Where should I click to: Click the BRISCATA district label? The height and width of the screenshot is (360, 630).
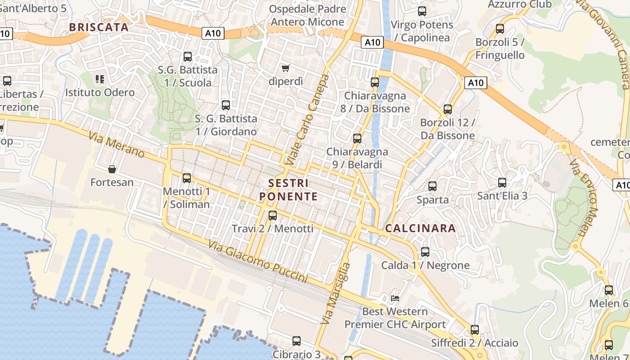click(99, 27)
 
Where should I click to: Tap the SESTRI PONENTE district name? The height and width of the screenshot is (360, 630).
click(288, 190)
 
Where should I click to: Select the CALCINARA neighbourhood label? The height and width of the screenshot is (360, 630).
click(420, 228)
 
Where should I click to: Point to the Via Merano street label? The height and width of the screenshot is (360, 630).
click(117, 144)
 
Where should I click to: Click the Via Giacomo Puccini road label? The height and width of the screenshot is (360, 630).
click(258, 261)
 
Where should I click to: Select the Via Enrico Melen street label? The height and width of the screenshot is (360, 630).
click(585, 198)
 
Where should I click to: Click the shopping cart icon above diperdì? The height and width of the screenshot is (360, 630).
click(285, 68)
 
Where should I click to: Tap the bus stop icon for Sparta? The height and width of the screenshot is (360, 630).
click(432, 186)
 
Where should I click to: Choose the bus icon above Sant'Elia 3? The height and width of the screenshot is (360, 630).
click(502, 183)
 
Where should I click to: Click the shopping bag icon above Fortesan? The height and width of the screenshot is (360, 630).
click(112, 169)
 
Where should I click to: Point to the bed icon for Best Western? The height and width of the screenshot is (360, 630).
click(395, 298)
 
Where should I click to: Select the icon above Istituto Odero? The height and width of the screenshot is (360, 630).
click(100, 79)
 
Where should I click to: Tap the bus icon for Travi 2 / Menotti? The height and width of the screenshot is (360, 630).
click(273, 215)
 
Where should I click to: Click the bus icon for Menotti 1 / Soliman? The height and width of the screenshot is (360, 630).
click(187, 178)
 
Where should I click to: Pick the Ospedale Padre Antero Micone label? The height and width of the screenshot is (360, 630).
click(308, 15)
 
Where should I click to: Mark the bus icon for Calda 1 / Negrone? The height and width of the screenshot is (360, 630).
click(425, 252)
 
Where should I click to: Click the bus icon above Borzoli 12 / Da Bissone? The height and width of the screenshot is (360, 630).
click(447, 109)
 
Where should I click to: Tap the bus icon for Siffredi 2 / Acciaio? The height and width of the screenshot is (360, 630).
click(474, 330)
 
